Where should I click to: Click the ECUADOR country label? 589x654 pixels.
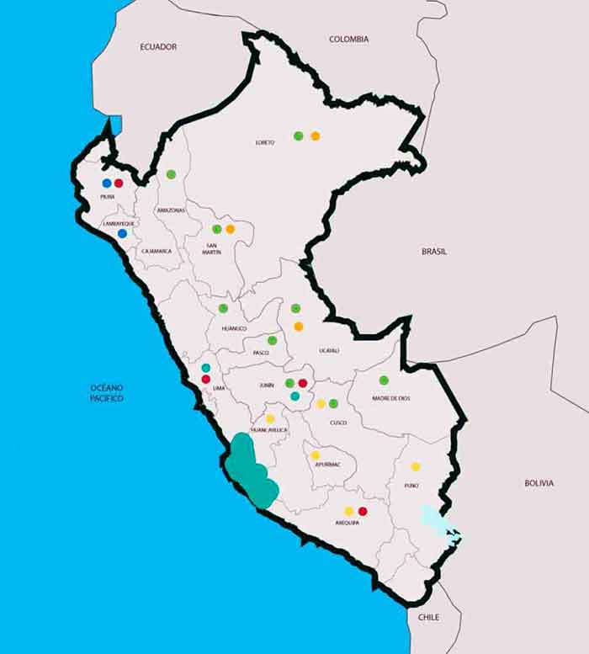coord(158,47)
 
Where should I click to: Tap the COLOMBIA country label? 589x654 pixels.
coord(348,39)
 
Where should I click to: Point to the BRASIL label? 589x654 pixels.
coord(434,251)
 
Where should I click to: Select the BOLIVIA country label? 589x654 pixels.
coord(539,483)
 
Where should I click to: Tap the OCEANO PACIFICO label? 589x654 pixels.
coord(107,392)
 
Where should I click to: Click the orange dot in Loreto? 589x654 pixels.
coord(315,136)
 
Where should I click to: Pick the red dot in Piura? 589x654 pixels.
coord(119,183)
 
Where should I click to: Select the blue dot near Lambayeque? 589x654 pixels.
coord(122,233)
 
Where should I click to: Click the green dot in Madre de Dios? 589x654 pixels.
coord(384,380)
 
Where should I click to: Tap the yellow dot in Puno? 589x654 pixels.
coord(415,466)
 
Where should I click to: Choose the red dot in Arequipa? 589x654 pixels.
coord(363,511)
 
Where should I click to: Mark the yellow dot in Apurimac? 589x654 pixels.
coord(315,455)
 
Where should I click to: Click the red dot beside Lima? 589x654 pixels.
coord(205,380)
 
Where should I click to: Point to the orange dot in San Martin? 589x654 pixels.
coord(230,229)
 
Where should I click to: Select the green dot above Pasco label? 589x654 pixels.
coord(272,340)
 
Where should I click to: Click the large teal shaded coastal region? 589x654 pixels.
coord(251,471)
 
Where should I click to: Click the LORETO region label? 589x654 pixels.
coord(265,142)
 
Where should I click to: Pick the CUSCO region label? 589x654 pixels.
coord(337,423)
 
